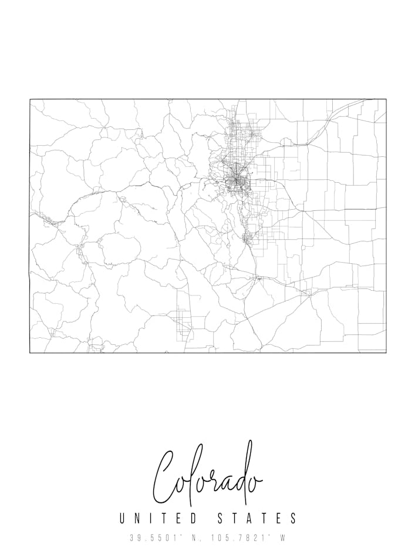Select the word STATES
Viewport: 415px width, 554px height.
click(x=257, y=518)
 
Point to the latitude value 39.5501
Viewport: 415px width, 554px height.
click(x=154, y=537)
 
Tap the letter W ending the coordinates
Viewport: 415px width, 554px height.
click(x=282, y=537)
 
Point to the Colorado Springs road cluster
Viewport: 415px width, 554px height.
click(x=248, y=238)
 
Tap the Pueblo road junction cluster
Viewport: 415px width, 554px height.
click(x=257, y=278)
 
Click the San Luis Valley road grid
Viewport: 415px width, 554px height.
click(x=184, y=323)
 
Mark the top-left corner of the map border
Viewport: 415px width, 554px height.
click(x=30, y=99)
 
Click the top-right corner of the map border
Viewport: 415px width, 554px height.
click(x=386, y=99)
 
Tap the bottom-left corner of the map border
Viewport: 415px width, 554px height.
click(x=30, y=352)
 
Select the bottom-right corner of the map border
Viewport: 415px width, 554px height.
click(x=386, y=352)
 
